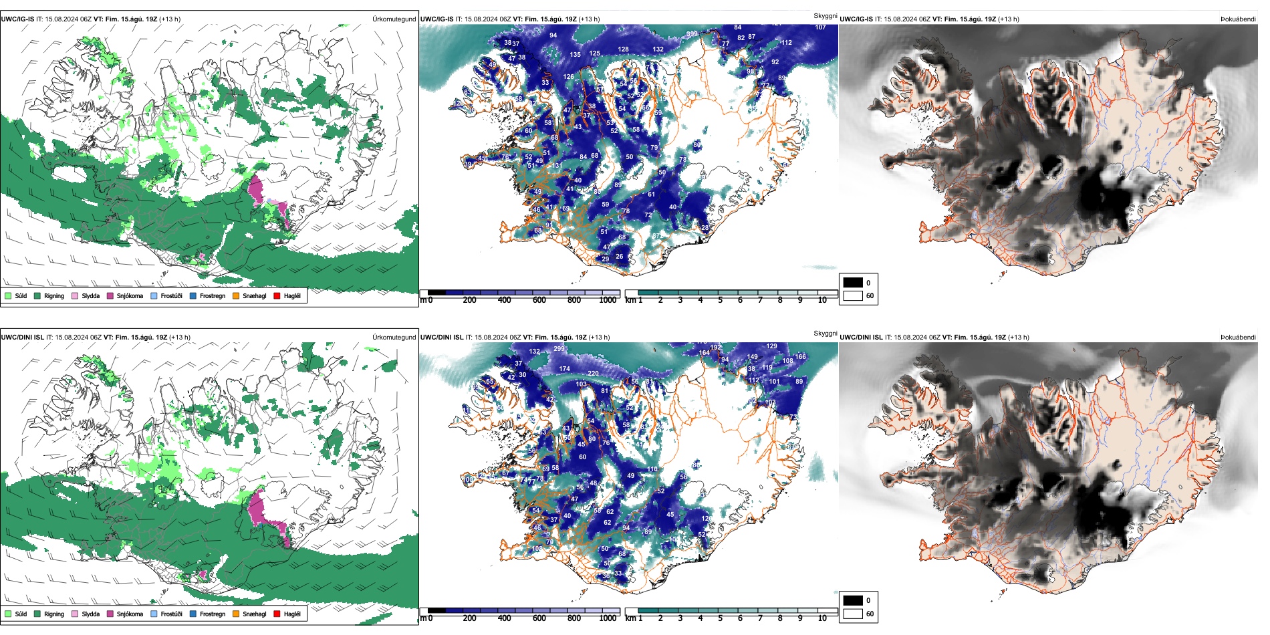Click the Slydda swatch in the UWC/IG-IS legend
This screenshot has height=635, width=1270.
75,295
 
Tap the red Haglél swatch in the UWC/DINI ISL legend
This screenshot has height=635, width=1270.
277,614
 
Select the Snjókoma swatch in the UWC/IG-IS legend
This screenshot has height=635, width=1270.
110,295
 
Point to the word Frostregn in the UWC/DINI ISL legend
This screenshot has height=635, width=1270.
212,614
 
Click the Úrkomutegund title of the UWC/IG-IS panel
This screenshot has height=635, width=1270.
394,19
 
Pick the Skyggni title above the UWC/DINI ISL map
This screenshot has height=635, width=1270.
825,333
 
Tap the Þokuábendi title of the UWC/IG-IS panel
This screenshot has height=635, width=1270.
1238,19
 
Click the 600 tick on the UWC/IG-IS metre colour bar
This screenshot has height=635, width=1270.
539,300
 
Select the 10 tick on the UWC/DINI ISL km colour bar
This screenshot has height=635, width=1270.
822,618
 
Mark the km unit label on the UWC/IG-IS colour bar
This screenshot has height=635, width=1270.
630,300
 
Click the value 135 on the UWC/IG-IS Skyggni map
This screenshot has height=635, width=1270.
575,55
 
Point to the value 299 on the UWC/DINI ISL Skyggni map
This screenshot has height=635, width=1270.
559,348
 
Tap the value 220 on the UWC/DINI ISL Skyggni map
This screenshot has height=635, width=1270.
593,374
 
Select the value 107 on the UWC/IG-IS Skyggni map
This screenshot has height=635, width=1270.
820,27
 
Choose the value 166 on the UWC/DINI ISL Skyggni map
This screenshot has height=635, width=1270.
800,357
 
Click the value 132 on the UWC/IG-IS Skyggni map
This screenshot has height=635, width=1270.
658,49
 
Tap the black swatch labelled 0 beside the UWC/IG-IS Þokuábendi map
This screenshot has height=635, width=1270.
853,283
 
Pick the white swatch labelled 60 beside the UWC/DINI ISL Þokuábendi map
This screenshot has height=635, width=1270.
853,614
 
